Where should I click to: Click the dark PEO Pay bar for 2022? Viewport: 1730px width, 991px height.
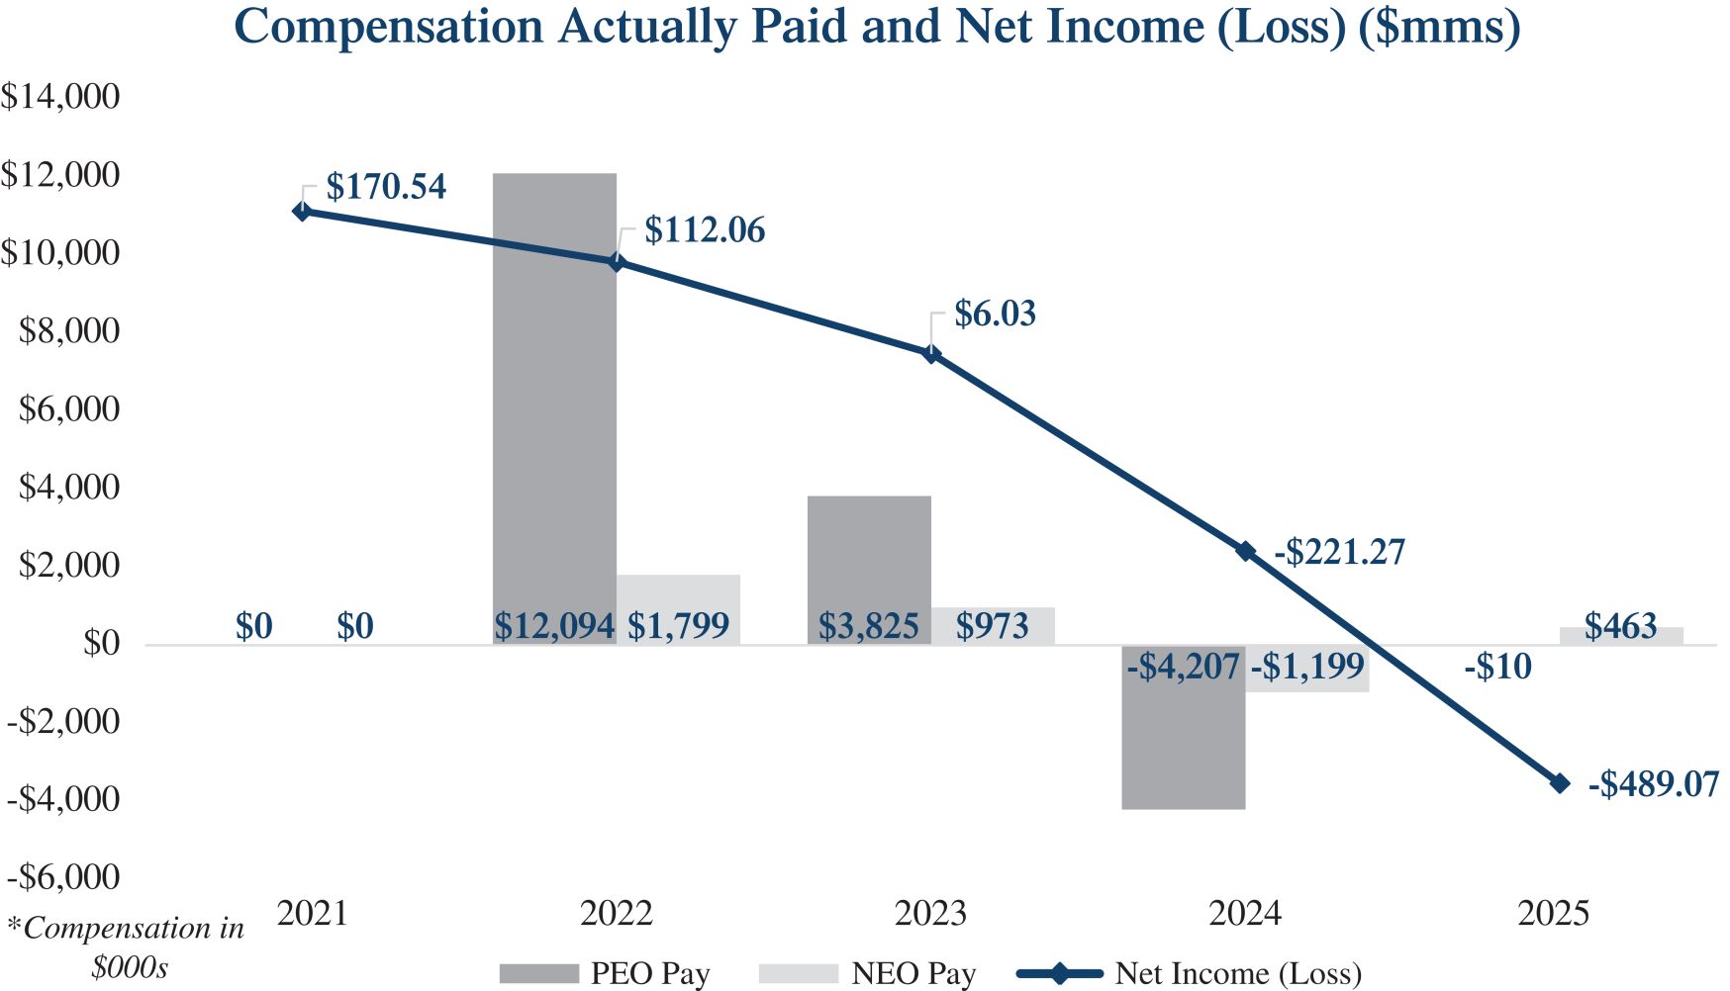[x=554, y=396]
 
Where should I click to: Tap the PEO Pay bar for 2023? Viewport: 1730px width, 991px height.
[x=869, y=554]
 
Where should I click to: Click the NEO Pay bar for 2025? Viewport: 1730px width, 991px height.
[x=1621, y=636]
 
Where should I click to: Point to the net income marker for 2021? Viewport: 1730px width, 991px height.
[x=302, y=211]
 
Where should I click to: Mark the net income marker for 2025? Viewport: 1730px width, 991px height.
[x=1560, y=783]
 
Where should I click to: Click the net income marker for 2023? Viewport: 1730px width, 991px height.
[x=931, y=353]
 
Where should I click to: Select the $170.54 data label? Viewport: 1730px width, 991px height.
[x=386, y=186]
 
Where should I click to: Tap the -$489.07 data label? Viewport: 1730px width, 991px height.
[x=1653, y=784]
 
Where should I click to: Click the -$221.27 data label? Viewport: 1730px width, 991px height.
[x=1339, y=552]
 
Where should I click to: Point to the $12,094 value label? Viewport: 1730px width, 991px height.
[x=554, y=626]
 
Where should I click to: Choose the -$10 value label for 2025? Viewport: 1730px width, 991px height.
[x=1497, y=667]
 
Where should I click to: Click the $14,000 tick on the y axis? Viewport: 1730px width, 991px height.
[x=60, y=96]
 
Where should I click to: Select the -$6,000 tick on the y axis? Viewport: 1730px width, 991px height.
[x=63, y=877]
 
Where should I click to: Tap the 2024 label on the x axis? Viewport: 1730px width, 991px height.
[x=1244, y=913]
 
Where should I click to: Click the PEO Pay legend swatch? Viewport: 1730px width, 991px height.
[x=538, y=974]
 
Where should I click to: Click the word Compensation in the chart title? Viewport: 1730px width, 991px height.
[x=389, y=27]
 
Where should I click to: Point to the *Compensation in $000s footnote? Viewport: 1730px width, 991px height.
[x=127, y=946]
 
